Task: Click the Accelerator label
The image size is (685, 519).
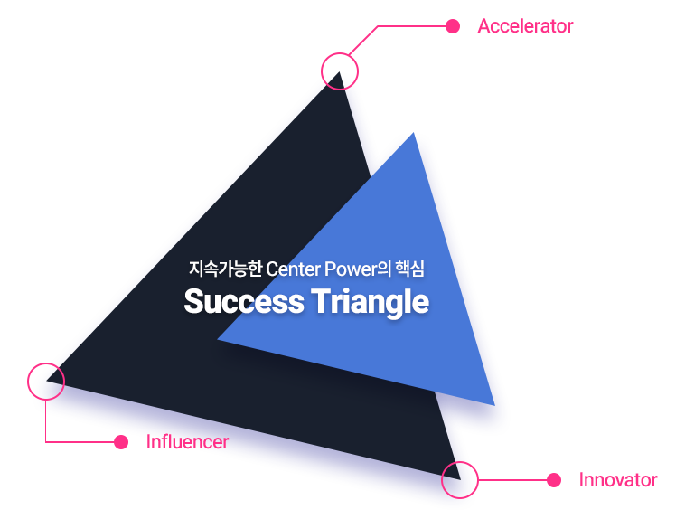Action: (525, 26)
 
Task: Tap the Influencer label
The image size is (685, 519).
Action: (187, 442)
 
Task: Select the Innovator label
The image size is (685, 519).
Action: (618, 480)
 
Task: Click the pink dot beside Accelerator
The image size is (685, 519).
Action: (453, 26)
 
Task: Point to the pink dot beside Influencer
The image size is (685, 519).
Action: (121, 442)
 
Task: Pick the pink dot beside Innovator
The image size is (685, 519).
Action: (554, 480)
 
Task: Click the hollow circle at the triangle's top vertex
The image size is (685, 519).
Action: (322, 71)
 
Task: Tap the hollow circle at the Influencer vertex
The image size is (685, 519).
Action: (27, 382)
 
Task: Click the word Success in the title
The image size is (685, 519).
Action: (244, 301)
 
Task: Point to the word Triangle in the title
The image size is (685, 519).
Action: (370, 303)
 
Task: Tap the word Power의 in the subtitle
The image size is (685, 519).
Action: (358, 269)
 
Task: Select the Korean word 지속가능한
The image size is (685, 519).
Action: (225, 269)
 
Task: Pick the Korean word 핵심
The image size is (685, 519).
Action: (409, 269)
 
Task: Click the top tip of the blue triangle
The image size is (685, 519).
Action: (413, 133)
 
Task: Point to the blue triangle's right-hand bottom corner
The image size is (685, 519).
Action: (495, 406)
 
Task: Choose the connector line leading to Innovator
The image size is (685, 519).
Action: (513, 480)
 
